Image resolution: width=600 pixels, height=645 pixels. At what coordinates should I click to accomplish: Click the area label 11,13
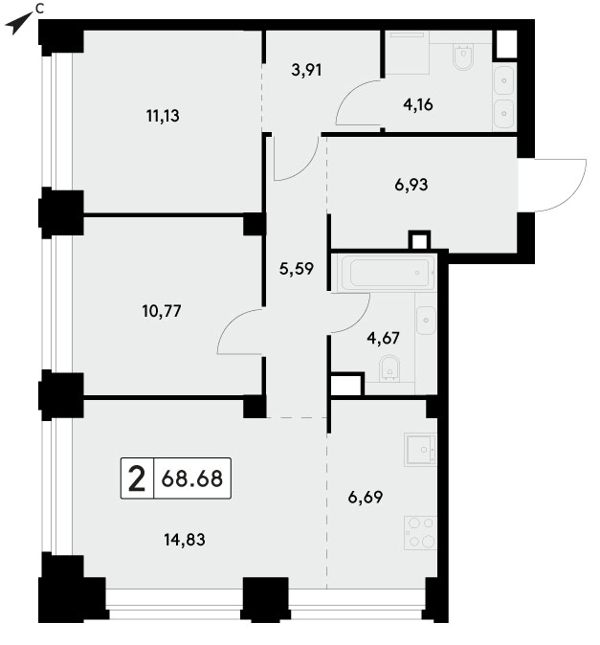tap(163, 116)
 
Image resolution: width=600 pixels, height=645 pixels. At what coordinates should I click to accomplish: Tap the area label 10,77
tap(162, 311)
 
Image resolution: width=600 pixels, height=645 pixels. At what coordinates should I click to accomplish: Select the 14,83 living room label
tap(185, 540)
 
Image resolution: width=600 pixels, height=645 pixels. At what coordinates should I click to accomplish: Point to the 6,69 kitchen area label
tap(366, 497)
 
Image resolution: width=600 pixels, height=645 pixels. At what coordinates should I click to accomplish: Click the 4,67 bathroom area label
tap(383, 338)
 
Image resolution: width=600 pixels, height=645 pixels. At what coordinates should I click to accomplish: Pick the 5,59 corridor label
tap(296, 269)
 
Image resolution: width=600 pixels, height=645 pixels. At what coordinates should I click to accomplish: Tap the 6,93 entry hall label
tap(411, 185)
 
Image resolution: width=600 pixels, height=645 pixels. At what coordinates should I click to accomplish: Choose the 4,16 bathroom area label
tap(418, 105)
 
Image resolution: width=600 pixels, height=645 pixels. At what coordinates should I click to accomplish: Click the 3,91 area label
tap(306, 71)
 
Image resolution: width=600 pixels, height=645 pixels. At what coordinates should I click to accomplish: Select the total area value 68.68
tap(192, 478)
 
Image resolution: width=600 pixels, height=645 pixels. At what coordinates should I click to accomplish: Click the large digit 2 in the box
tap(137, 478)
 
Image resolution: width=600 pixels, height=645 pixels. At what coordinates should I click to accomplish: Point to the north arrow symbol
tap(18, 23)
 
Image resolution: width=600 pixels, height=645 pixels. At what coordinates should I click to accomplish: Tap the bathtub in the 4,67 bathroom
tap(388, 273)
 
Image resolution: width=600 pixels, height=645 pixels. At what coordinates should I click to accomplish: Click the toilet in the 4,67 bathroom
tap(389, 368)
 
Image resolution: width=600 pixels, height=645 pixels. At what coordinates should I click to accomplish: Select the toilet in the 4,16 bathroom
tap(463, 56)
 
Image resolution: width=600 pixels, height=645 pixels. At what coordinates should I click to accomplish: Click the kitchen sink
tap(420, 450)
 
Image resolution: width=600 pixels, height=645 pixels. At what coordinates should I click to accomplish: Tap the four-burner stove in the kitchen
tap(420, 533)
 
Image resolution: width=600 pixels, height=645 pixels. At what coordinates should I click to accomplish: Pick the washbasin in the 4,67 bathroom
tap(426, 320)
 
